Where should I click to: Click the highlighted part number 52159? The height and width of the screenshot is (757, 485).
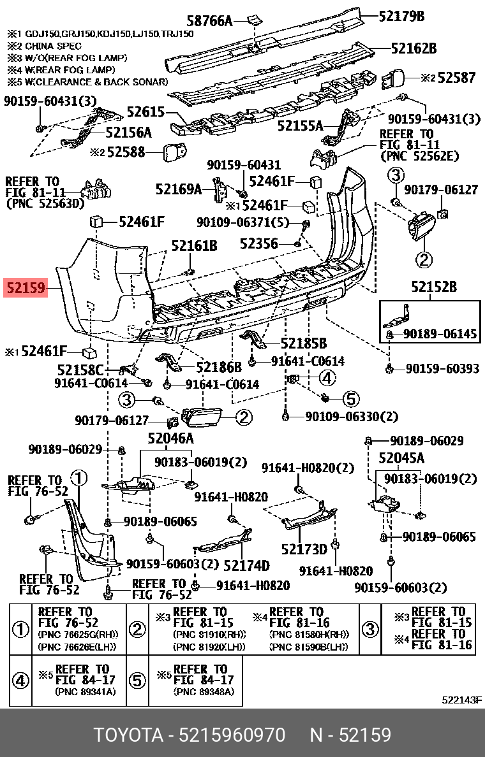(x=26, y=288)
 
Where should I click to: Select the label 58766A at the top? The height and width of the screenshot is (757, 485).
(x=209, y=21)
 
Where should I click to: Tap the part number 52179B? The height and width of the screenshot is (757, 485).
(x=401, y=16)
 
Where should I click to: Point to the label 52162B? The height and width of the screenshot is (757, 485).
(x=413, y=48)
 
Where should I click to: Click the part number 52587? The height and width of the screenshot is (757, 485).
(x=456, y=78)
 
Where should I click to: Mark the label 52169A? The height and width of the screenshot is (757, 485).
(x=178, y=189)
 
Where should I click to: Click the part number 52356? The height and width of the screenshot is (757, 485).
(x=259, y=243)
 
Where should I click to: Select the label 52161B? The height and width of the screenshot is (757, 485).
(x=194, y=245)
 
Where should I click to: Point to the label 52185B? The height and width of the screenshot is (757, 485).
(x=303, y=343)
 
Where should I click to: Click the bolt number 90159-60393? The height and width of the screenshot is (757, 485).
(x=442, y=368)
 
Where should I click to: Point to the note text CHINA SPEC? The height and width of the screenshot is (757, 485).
(x=53, y=46)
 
